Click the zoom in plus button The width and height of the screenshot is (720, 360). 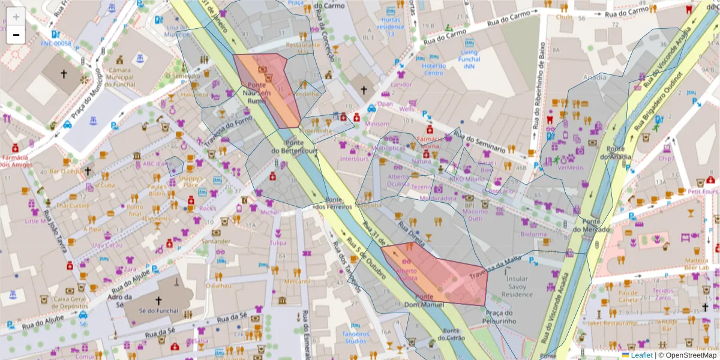pos(16,17)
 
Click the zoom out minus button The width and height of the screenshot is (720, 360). pos(16,35)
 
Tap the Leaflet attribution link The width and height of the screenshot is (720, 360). pos(641,355)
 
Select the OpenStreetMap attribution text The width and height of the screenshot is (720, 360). pos(691,355)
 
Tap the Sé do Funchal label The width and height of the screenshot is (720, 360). pos(158,311)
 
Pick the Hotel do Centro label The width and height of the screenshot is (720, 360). pos(433,70)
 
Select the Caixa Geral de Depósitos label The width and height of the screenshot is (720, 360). pos(71,302)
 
